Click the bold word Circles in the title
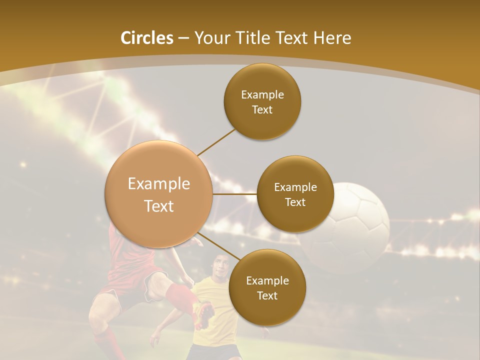147,38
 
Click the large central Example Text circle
159,194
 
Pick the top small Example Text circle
262,101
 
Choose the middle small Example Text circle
295,194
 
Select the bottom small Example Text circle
267,287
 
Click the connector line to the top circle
216,141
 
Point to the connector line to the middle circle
235,194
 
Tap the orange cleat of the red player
204,315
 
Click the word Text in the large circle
159,206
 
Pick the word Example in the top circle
262,94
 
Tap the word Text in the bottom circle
267,295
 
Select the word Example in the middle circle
295,187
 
